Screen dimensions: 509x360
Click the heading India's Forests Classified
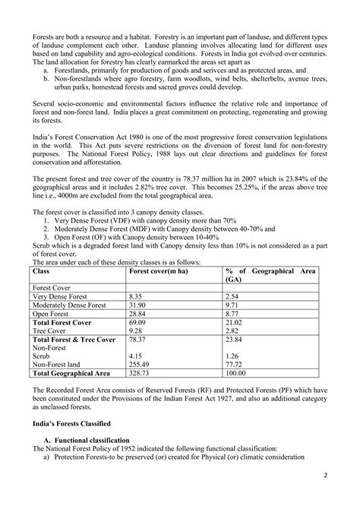click(68, 422)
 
